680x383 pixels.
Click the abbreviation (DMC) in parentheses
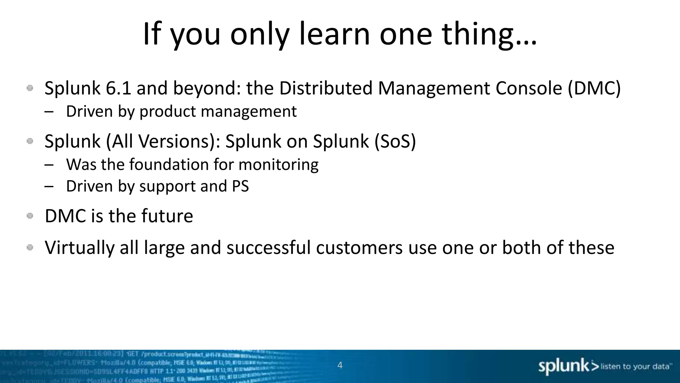tap(594, 88)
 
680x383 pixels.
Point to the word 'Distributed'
tap(326, 88)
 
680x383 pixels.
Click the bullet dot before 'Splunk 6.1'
tap(30, 88)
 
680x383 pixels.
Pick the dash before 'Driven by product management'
tap(49, 112)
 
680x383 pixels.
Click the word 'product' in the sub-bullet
tap(168, 112)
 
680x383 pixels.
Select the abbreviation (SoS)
tap(395, 141)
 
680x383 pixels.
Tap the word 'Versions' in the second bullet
tap(174, 141)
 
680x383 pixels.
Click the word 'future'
tap(167, 216)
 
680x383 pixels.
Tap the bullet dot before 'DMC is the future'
tap(30, 216)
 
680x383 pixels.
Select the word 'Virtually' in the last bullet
tap(79, 248)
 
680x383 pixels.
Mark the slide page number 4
tap(340, 365)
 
